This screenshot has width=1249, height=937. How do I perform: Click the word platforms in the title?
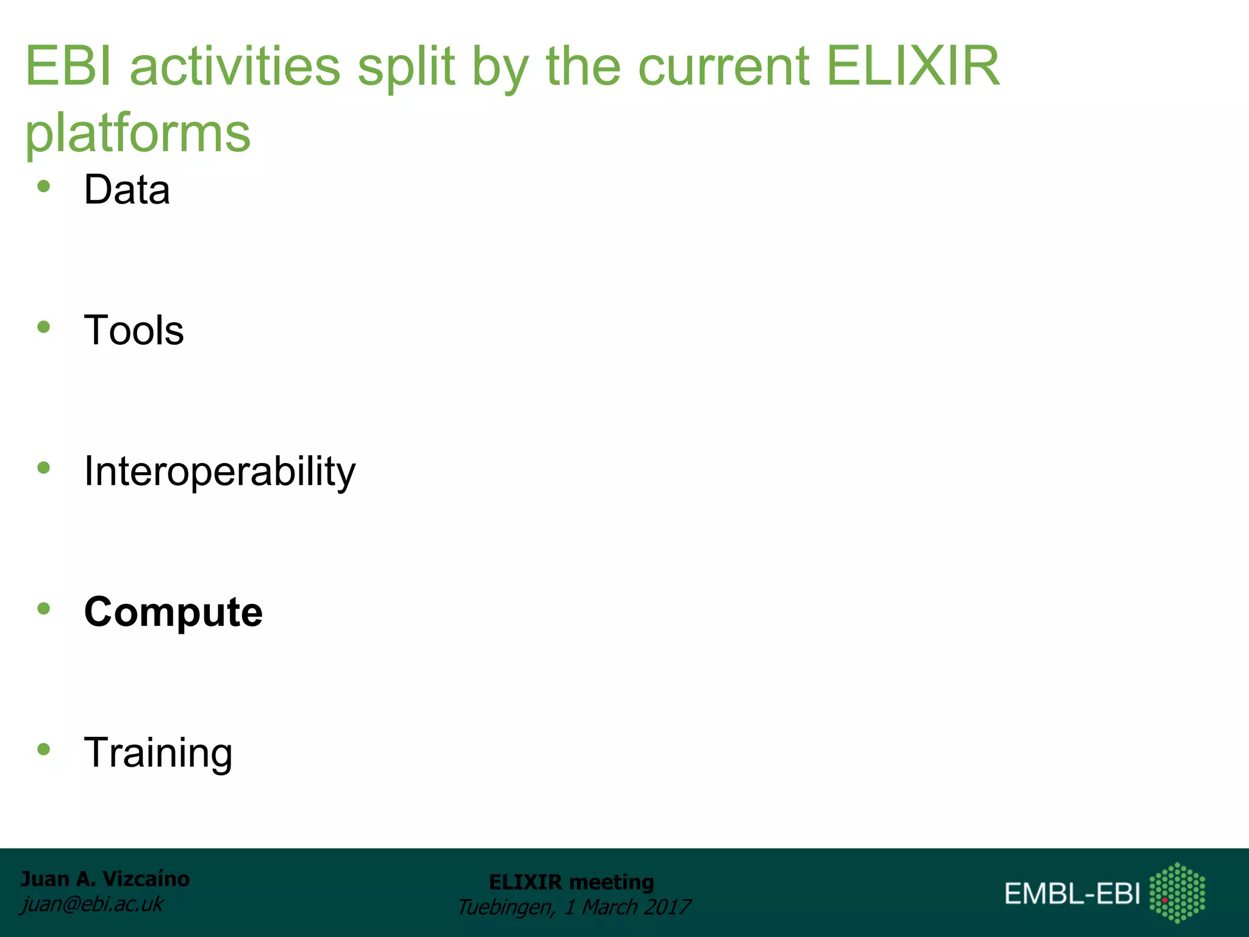pyautogui.click(x=138, y=133)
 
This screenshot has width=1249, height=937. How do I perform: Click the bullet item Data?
pyautogui.click(x=127, y=190)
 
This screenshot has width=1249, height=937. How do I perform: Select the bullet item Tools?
pyautogui.click(x=134, y=331)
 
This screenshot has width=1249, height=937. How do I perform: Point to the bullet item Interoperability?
pyautogui.click(x=220, y=472)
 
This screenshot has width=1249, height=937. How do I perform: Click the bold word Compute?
pyautogui.click(x=173, y=612)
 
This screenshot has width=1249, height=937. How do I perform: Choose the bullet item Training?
pyautogui.click(x=158, y=753)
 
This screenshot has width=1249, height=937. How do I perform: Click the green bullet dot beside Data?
pyautogui.click(x=43, y=187)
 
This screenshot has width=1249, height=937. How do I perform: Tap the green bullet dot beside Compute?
pyautogui.click(x=43, y=608)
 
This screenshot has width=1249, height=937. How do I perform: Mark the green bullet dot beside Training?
pyautogui.click(x=43, y=749)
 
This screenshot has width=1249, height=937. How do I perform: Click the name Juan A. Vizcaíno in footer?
pyautogui.click(x=105, y=879)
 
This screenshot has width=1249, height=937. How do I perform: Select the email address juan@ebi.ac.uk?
pyautogui.click(x=92, y=904)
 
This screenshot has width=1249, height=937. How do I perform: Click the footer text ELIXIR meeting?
pyautogui.click(x=571, y=882)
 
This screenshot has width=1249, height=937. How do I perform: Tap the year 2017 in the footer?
pyautogui.click(x=667, y=907)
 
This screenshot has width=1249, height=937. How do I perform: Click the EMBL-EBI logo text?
pyautogui.click(x=1072, y=894)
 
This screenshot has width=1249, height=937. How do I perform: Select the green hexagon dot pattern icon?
pyautogui.click(x=1177, y=892)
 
